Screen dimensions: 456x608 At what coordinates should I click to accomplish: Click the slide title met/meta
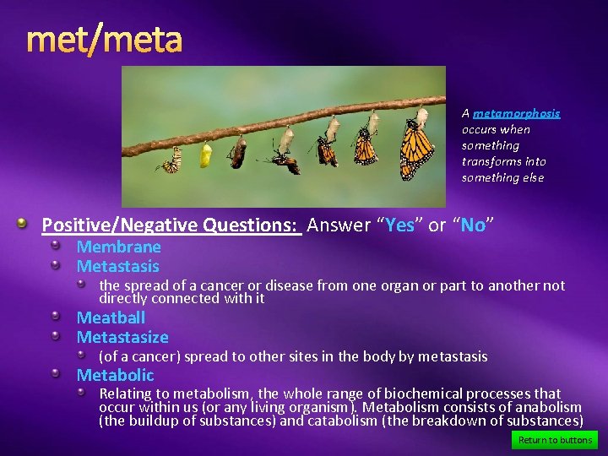[104, 40]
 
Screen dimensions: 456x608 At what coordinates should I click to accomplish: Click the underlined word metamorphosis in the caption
[516, 113]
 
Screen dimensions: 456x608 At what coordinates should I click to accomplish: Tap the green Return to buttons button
[555, 440]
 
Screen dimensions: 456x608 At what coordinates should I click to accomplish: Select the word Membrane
[118, 247]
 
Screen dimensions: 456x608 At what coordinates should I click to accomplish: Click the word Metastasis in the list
[117, 266]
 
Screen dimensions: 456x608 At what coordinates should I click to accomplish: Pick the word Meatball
[111, 318]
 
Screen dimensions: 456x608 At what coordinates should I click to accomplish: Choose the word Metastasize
[122, 337]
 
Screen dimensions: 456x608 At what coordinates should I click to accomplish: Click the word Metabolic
[115, 375]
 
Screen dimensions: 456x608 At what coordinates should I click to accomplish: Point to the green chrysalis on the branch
[205, 155]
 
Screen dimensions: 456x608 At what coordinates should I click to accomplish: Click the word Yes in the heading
[400, 225]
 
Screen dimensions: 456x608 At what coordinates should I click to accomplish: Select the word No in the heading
[473, 225]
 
